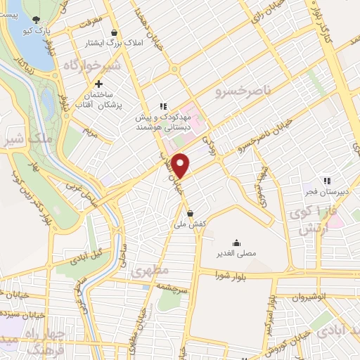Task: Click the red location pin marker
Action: (181, 165)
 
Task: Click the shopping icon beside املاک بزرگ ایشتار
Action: (115, 32)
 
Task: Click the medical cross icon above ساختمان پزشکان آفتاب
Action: (108, 84)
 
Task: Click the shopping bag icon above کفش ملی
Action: (190, 214)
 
